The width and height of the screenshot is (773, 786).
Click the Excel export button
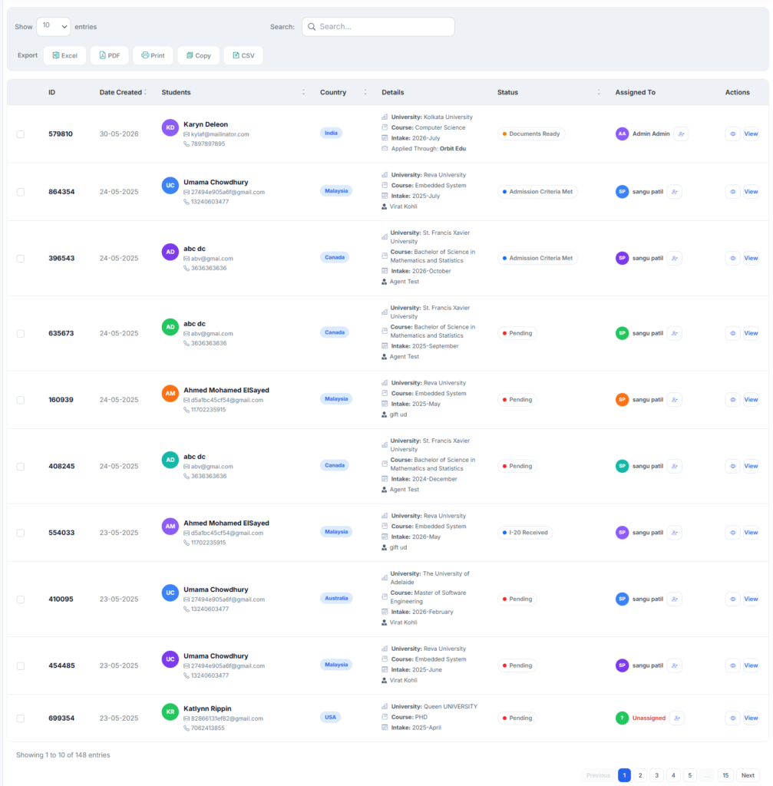pos(64,55)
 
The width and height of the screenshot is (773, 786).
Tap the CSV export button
pos(243,55)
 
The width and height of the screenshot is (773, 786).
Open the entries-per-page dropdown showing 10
pos(54,26)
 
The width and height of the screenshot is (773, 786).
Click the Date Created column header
pos(121,92)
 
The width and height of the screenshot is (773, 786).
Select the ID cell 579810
pos(61,134)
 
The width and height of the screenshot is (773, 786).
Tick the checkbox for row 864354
pos(21,192)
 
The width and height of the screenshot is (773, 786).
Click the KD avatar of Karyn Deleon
pos(170,127)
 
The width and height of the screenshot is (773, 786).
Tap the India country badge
pos(331,133)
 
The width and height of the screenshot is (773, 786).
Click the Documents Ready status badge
pos(531,134)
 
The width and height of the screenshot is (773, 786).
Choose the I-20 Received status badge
pos(525,533)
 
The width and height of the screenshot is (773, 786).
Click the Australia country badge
pos(336,598)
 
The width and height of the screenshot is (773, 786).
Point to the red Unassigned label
pos(649,718)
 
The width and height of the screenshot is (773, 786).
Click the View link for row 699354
pos(751,718)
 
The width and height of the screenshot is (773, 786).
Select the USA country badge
pos(330,717)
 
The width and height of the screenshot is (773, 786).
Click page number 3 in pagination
pos(656,775)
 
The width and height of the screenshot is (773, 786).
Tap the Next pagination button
pos(748,775)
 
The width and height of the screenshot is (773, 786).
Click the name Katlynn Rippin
pos(207,708)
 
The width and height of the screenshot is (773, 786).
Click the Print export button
pos(153,55)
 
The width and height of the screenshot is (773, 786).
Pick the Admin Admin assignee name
pos(651,134)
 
